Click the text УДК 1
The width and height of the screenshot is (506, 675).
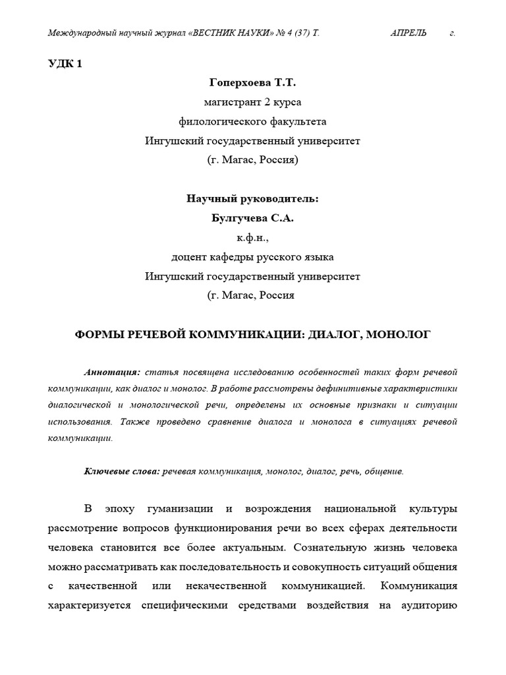click(x=65, y=64)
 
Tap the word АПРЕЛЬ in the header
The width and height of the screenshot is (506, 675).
click(x=408, y=33)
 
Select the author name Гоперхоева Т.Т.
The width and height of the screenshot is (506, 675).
click(x=252, y=83)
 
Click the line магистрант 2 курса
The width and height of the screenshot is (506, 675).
click(x=252, y=102)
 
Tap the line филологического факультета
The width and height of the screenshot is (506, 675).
click(x=252, y=121)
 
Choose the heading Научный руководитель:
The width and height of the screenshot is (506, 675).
click(x=252, y=198)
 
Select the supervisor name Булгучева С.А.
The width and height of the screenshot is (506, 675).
click(x=252, y=218)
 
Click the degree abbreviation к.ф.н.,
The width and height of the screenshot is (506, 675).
click(x=252, y=237)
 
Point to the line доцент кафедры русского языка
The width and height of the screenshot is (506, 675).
click(x=252, y=256)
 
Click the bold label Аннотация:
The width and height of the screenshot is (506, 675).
click(x=112, y=372)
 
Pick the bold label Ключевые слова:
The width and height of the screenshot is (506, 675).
click(x=122, y=471)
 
